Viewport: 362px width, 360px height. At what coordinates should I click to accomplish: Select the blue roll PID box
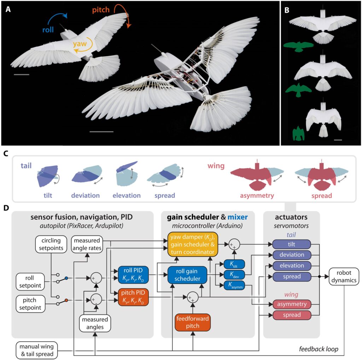click(133, 274)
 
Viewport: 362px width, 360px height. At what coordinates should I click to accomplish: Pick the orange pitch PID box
click(133, 297)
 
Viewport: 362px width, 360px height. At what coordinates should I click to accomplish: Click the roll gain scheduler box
click(187, 275)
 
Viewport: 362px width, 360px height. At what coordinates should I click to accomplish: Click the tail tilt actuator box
click(292, 244)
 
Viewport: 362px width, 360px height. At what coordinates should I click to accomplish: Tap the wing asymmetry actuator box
click(292, 304)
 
